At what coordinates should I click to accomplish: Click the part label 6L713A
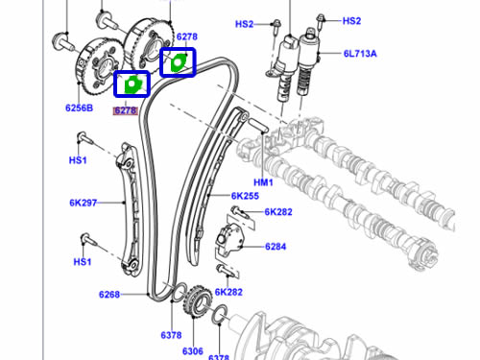360,54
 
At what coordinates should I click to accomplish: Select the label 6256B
79,108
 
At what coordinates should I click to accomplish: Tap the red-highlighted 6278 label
126,110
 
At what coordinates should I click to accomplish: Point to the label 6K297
83,203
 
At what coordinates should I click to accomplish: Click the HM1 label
263,182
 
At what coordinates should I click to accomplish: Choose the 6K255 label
245,196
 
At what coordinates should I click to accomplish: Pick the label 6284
276,247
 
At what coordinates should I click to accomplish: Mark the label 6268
109,295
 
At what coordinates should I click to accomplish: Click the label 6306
193,351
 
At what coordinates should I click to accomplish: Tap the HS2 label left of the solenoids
244,24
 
